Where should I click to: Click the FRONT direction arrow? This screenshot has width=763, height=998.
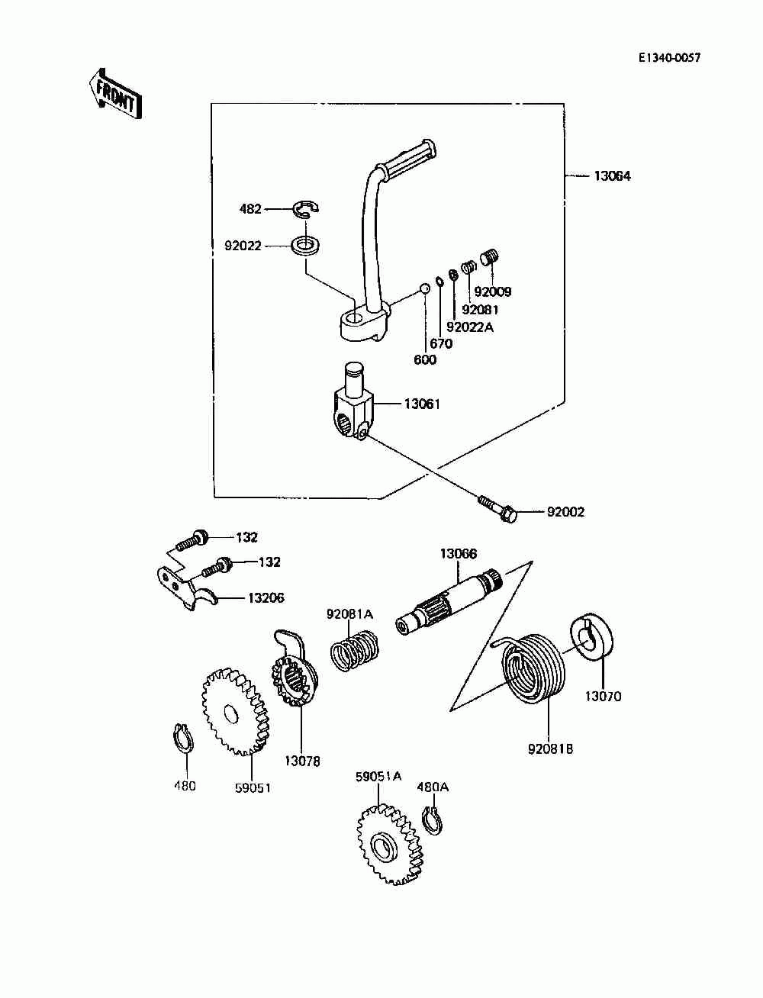(x=115, y=95)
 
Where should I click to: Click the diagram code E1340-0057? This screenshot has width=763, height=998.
(x=669, y=58)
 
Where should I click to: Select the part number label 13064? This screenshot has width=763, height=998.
(x=612, y=176)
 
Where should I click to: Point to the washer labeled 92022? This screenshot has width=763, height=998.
(x=305, y=246)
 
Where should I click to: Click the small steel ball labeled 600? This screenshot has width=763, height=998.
(x=424, y=288)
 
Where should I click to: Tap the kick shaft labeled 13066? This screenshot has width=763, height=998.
(x=449, y=601)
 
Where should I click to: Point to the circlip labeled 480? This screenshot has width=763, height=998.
(x=184, y=739)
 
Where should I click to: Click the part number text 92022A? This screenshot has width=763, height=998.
(x=469, y=327)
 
